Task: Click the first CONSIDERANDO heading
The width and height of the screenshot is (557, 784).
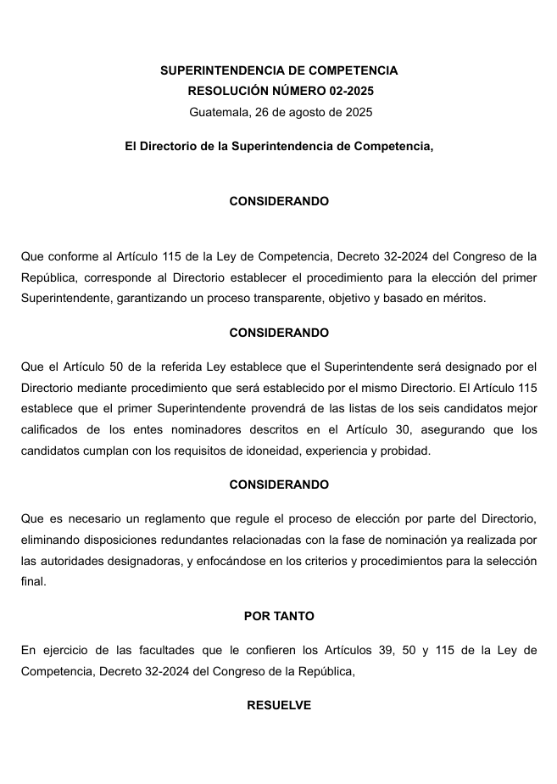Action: (279, 201)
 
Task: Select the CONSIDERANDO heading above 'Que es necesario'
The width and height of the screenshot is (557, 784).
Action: (279, 484)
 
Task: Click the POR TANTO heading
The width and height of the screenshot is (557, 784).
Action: (279, 616)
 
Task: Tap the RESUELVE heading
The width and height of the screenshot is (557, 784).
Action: (279, 705)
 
